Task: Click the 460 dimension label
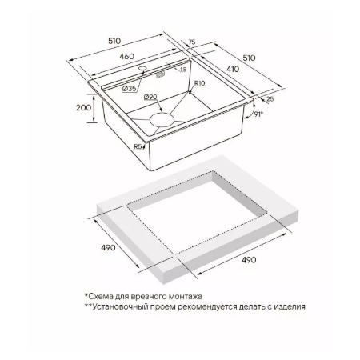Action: tap(126, 57)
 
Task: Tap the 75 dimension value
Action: tap(192, 42)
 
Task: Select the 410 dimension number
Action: tap(233, 69)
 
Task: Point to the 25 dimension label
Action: tap(270, 98)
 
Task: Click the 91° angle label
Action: tap(258, 114)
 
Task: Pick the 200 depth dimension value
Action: tap(84, 108)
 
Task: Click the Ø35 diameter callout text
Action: tap(130, 89)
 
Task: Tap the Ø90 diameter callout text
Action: tap(150, 98)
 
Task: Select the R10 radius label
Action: tap(199, 83)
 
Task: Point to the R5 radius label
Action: tap(138, 146)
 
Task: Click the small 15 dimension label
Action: tap(182, 70)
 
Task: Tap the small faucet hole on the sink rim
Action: tap(142, 68)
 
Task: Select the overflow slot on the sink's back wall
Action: tap(160, 75)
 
